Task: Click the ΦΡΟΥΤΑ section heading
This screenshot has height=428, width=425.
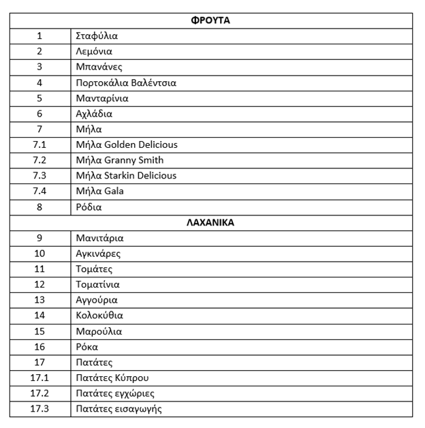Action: (210, 20)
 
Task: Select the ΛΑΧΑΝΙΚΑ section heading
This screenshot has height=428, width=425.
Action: (210, 223)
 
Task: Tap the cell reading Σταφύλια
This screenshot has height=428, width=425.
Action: (97, 36)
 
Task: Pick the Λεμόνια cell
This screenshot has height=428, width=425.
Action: (94, 52)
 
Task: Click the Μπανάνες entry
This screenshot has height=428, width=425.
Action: (99, 67)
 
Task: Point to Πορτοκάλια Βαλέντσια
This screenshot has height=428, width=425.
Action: (126, 82)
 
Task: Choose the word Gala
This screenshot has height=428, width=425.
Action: (114, 192)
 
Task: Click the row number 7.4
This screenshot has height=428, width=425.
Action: (40, 192)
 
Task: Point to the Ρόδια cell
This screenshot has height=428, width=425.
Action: (89, 207)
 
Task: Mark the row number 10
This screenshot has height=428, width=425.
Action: (40, 254)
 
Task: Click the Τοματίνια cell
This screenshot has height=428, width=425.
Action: (98, 285)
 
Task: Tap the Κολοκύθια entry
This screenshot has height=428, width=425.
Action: (99, 316)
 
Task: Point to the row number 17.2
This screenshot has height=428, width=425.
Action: (40, 393)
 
